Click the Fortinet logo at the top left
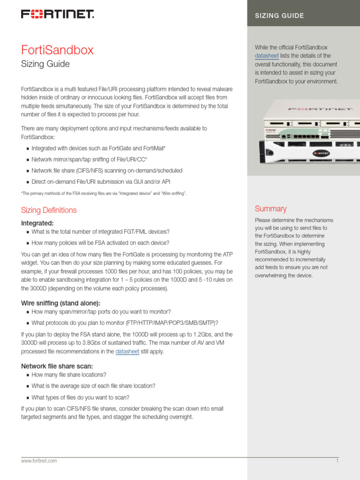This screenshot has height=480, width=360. [x=57, y=15]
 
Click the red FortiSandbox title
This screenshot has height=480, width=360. [x=57, y=50]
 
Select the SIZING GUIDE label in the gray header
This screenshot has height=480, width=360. [x=279, y=15]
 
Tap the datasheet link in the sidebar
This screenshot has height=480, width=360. [x=267, y=56]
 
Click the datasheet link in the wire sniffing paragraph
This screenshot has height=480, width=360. [x=127, y=352]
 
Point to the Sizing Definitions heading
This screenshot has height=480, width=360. [x=49, y=210]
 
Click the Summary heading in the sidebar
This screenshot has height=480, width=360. [x=270, y=209]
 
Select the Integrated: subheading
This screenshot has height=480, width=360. [x=37, y=223]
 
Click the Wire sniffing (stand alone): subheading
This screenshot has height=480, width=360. [x=60, y=303]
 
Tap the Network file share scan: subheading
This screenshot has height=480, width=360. [x=57, y=366]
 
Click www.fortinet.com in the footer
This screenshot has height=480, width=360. [x=39, y=461]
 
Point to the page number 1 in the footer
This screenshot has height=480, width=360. [x=337, y=461]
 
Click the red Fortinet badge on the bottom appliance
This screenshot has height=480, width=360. [x=322, y=153]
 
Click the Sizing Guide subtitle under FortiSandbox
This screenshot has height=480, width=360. [x=45, y=64]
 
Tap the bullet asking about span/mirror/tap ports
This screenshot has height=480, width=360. [x=101, y=311]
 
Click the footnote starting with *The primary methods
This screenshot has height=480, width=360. [x=104, y=193]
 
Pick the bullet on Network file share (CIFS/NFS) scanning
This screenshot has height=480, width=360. [x=107, y=171]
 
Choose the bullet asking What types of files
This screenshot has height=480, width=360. [x=80, y=397]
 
